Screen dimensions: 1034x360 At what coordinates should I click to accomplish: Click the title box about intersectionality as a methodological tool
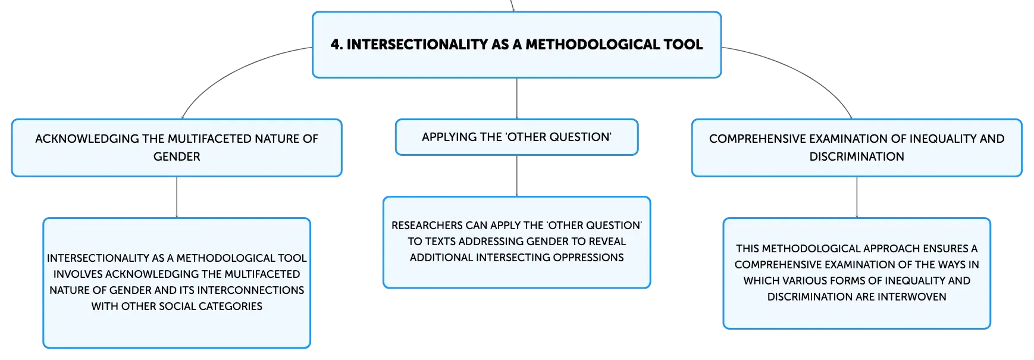[516, 45]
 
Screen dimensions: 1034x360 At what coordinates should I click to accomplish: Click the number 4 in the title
[335, 45]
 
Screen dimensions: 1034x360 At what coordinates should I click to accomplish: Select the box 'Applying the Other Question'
[516, 137]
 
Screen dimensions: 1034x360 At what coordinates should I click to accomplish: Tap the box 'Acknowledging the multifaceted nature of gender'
[177, 148]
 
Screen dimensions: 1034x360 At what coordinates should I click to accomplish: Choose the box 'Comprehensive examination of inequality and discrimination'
[857, 148]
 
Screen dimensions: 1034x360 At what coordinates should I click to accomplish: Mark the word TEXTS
[439, 242]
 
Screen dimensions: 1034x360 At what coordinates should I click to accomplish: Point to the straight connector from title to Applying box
[517, 98]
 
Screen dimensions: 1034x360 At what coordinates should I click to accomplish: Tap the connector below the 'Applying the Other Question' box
[517, 176]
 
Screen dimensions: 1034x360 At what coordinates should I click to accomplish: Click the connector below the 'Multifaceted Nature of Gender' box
[177, 197]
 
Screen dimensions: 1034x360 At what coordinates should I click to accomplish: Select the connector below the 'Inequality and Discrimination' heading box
[857, 197]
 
